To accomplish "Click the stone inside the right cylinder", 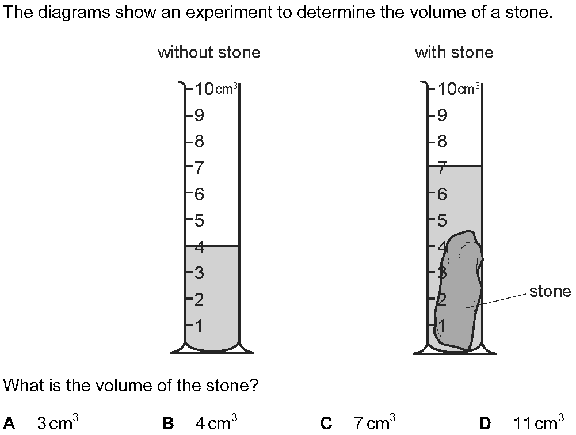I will [459, 293].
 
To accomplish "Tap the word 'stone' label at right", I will [550, 292].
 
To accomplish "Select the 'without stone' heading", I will [209, 53].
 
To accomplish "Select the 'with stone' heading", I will [454, 53].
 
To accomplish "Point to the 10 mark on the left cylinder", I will [204, 89].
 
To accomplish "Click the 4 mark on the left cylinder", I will [199, 248].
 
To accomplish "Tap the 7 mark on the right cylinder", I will [442, 169].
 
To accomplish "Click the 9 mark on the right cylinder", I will [442, 116].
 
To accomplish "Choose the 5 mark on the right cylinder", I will [442, 220].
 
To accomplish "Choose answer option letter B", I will [168, 424].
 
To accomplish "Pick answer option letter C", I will [326, 424].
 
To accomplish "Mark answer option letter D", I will [485, 424].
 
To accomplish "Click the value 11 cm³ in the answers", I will [538, 423].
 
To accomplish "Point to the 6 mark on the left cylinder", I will [199, 194].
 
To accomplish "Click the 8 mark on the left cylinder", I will [199, 142].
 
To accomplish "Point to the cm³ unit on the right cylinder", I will [469, 89].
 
